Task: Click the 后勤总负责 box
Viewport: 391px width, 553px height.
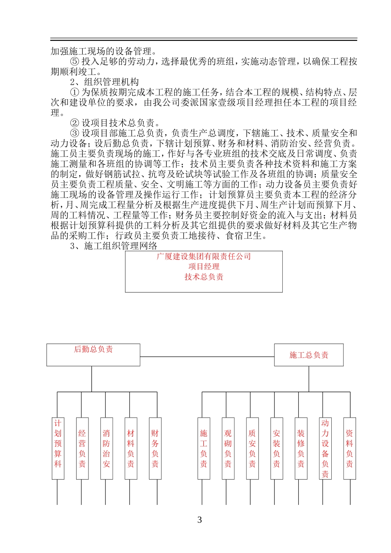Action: pos(93,355)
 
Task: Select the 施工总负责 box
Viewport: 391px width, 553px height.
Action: pos(309,355)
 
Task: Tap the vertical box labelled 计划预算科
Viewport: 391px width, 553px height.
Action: pos(58,448)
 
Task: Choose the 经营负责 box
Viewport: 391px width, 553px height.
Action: pos(82,448)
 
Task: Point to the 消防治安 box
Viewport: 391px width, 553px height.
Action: pos(107,448)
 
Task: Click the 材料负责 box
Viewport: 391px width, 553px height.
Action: pos(131,448)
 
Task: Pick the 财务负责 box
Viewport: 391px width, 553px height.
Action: pos(155,448)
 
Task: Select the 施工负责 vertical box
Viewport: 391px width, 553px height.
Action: pos(204,448)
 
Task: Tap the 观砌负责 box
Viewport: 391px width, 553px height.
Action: pos(228,448)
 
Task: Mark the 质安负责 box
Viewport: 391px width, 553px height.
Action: pos(252,448)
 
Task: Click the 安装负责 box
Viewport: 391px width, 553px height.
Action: pos(277,448)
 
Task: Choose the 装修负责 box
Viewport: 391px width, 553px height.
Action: pos(301,448)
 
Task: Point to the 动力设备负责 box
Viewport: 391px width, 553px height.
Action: pos(325,448)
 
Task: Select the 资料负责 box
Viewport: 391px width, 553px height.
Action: pos(349,448)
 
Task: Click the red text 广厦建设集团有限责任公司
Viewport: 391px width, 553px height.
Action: pos(204,256)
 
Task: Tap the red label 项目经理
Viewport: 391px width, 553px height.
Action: pos(204,267)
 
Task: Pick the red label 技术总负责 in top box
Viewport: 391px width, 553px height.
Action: pos(204,277)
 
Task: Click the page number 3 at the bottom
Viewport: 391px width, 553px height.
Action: pos(200,520)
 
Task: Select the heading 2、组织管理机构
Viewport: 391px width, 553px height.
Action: pos(105,82)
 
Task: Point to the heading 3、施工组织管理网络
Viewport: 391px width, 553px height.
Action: pos(114,246)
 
